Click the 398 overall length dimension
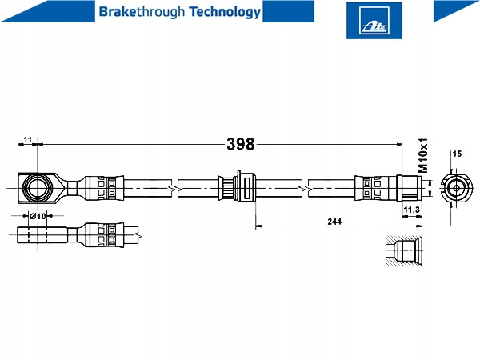pos(240,144)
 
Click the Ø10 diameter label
pos(37,216)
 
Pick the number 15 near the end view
pos(457,153)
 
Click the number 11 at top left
pos(27,140)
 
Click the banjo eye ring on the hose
pos(37,189)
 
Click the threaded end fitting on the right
pos(410,189)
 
